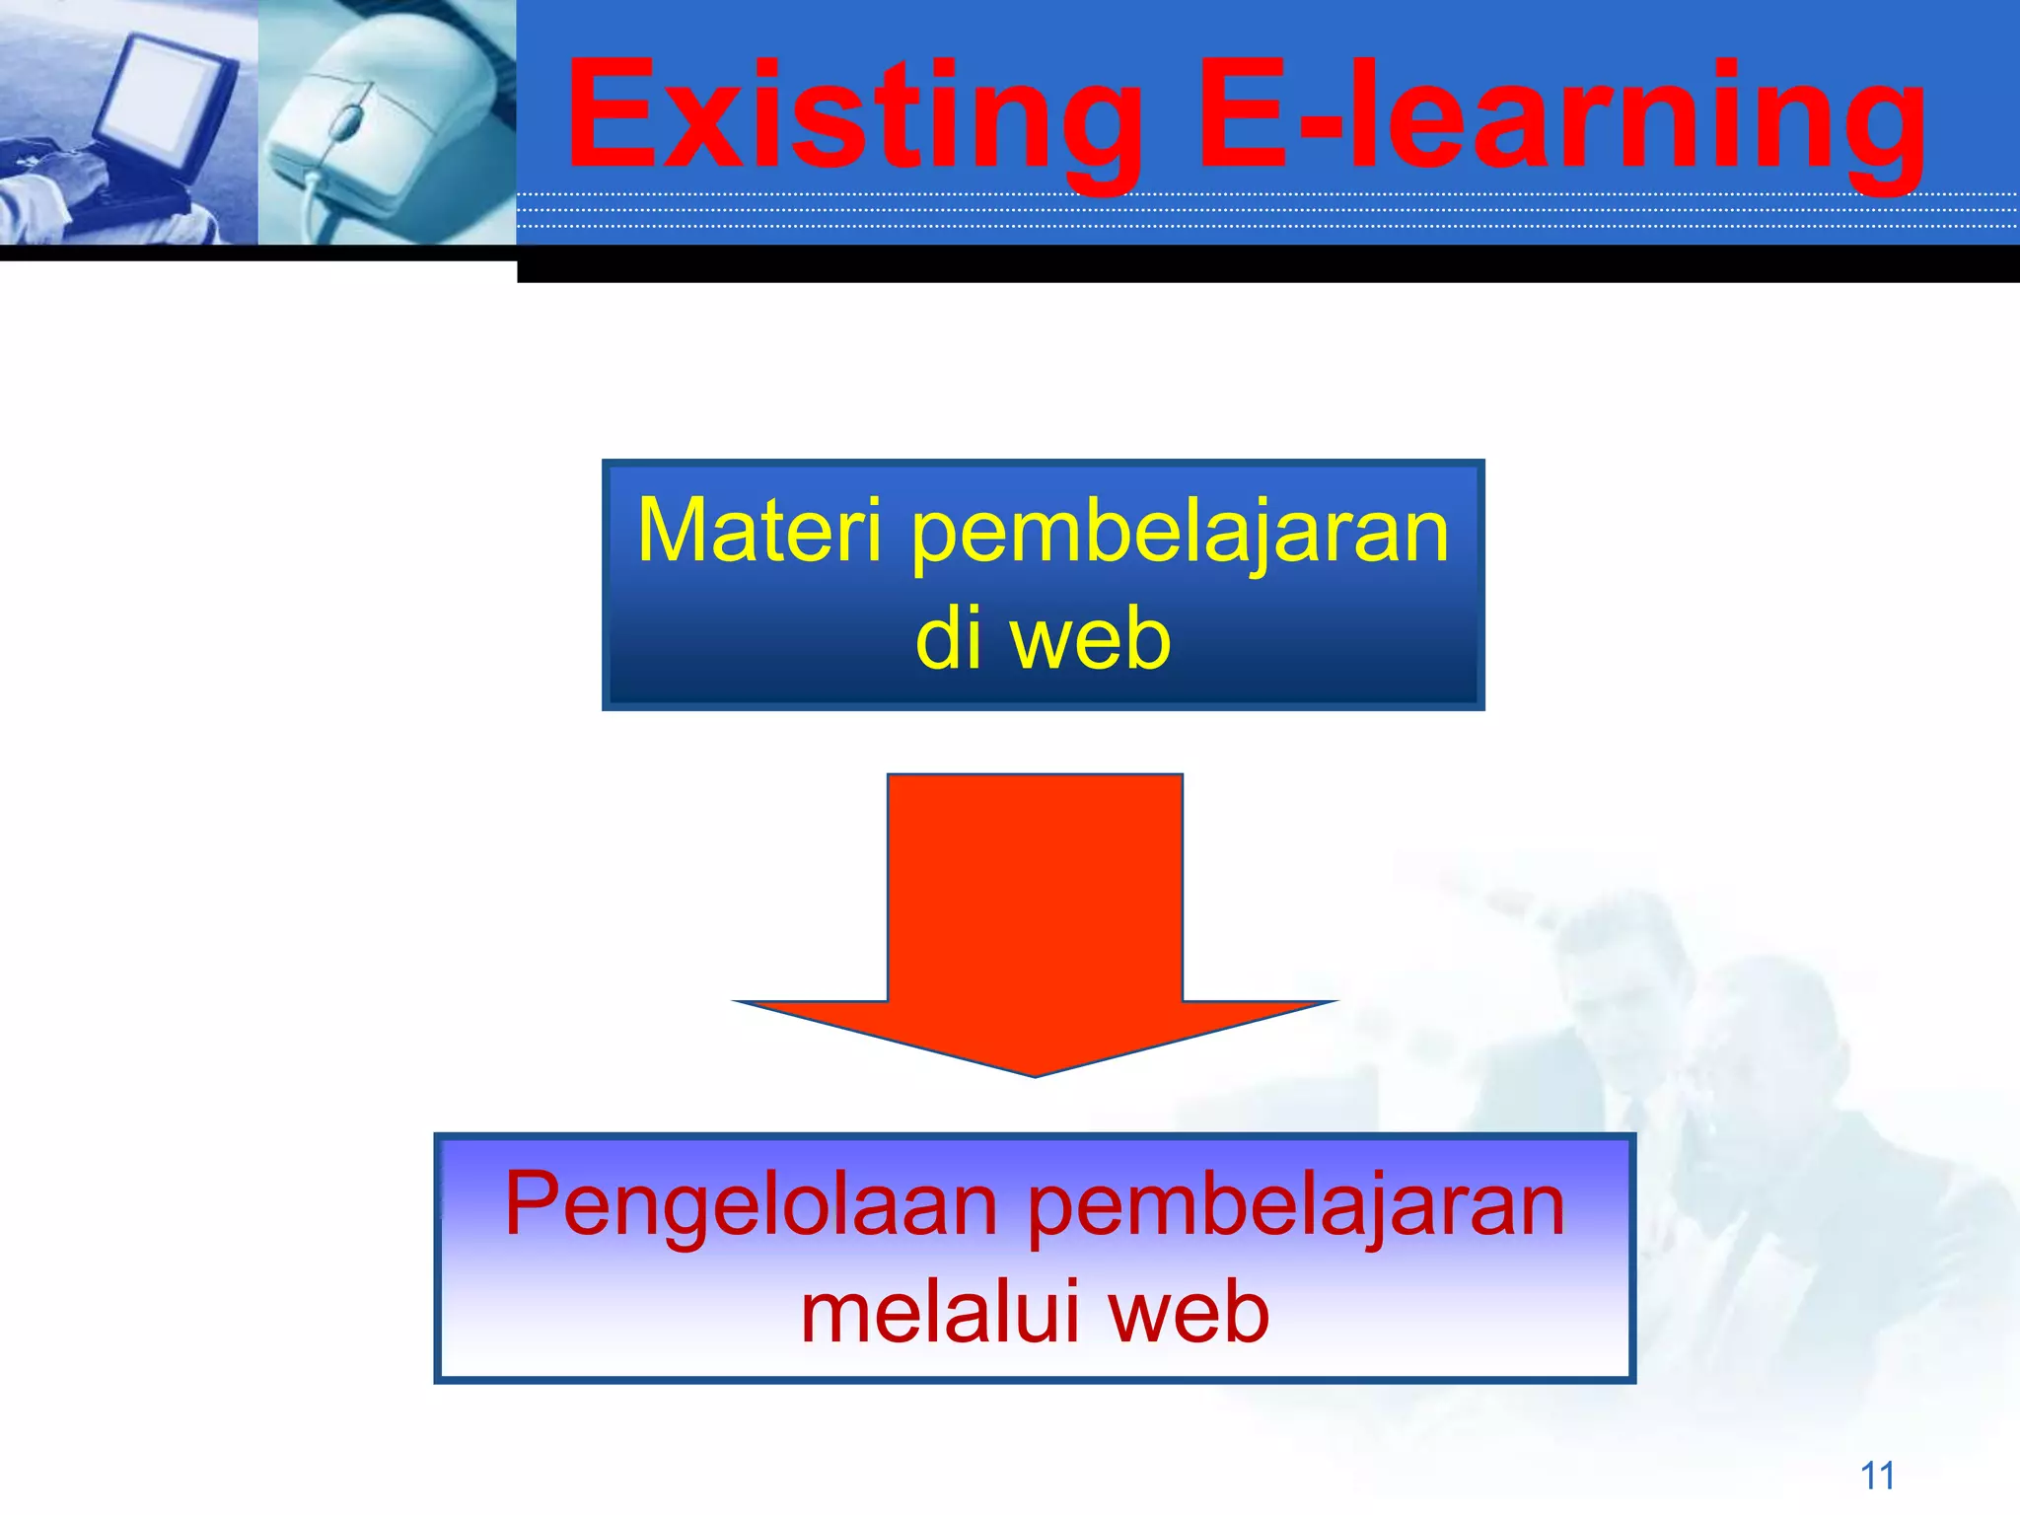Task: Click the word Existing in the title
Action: click(x=853, y=116)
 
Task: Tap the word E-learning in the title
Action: click(x=1561, y=116)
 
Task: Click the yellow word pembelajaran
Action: click(x=1180, y=533)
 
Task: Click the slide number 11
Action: click(x=1877, y=1476)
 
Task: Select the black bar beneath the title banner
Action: click(x=1267, y=264)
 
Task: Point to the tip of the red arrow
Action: click(x=1035, y=1073)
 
